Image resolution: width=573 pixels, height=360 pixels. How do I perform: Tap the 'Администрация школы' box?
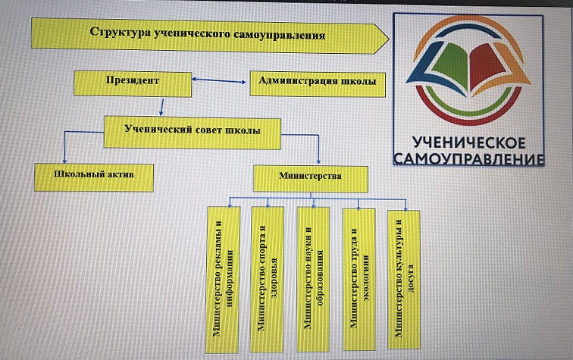point(316,82)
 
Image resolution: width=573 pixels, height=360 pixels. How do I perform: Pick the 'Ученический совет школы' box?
point(192,130)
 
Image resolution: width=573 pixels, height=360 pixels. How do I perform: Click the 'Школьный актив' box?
point(95,176)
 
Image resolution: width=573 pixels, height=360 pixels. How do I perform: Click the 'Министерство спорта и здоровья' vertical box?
point(268,278)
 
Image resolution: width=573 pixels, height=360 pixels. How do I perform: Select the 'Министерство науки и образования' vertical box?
point(313,278)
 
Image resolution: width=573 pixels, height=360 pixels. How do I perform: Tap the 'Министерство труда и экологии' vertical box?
point(358,278)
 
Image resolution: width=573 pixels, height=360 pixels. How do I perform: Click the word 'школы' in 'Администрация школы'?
point(356,82)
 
